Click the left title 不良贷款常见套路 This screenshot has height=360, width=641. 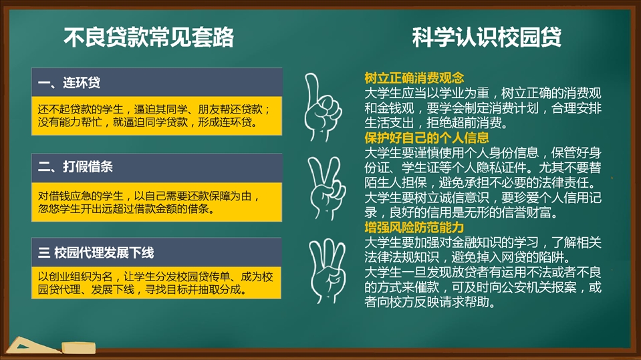coord(148,37)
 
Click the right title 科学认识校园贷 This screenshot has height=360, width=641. coord(487,37)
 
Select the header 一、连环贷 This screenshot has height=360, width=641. coord(69,83)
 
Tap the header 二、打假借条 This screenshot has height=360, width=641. coord(76,167)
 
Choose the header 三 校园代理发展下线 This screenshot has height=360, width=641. coord(96,252)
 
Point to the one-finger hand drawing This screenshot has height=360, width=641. coord(323,108)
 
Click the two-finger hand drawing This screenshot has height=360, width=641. coord(326,188)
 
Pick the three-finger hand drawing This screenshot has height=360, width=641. coord(327,271)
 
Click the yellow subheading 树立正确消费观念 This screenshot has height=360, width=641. coord(414,77)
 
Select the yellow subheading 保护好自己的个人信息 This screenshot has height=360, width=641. coord(426,138)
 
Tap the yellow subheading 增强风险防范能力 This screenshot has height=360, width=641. coord(414,227)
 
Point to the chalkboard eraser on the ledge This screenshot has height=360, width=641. coord(78,348)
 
